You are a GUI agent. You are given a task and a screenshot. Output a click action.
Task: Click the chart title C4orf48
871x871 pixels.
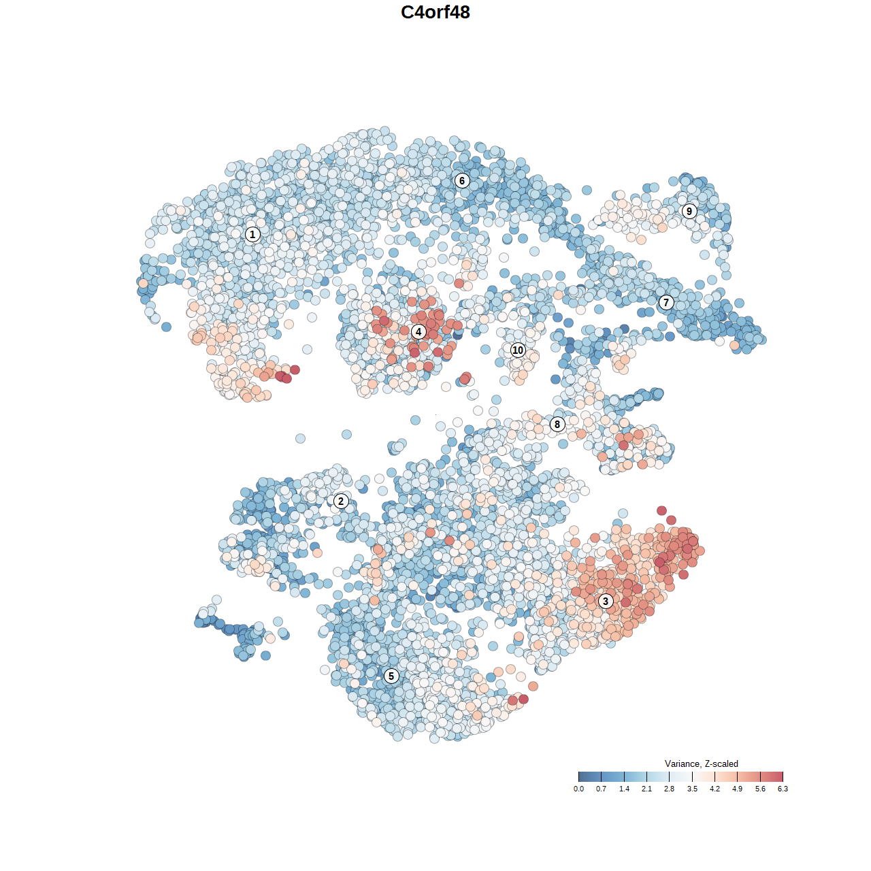point(435,12)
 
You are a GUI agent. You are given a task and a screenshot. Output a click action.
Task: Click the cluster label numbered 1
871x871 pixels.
point(252,235)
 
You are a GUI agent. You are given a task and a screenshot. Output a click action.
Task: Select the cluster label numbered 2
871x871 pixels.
point(341,502)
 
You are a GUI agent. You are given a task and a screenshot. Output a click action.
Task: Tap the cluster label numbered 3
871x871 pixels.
point(606,601)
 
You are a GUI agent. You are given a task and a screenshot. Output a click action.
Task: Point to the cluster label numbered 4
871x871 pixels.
point(418,332)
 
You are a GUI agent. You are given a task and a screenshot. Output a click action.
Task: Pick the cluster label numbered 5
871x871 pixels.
point(391,676)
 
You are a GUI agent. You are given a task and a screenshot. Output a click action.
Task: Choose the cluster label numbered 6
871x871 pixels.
point(462,180)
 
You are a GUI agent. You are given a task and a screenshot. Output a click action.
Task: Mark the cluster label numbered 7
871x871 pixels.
point(666,303)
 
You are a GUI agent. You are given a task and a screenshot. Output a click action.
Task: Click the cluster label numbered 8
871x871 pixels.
point(557,424)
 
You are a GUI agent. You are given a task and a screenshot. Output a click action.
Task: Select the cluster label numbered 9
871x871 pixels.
point(689,211)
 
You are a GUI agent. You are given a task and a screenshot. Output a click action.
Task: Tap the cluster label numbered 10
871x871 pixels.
point(518,350)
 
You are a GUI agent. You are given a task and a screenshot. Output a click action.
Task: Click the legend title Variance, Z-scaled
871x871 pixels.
point(701,763)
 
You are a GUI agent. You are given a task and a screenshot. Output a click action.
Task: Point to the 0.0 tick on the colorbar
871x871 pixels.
point(578,777)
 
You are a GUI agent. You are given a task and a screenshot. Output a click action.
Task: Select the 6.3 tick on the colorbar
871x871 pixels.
point(783,777)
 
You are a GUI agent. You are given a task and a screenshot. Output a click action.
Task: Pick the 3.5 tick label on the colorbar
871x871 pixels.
point(692,789)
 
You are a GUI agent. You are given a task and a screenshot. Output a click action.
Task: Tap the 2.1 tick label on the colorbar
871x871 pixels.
point(646,789)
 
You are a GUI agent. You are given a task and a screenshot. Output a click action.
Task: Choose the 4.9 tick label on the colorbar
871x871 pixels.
point(738,789)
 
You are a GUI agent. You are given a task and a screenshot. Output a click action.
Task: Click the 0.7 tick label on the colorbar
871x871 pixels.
point(601,789)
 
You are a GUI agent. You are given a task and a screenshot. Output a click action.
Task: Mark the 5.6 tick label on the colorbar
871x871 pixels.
point(760,789)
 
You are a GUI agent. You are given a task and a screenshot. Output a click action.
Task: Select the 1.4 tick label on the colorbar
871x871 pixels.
point(624,789)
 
